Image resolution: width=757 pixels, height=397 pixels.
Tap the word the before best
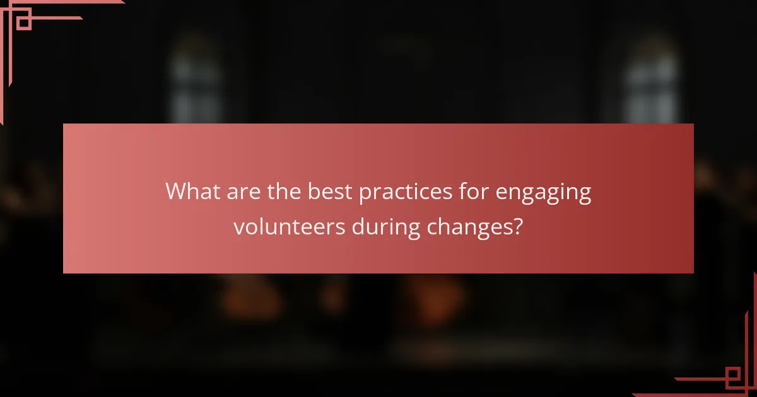pyautogui.click(x=285, y=192)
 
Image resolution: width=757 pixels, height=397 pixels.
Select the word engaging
pyautogui.click(x=543, y=193)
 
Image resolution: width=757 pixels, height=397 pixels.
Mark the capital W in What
pyautogui.click(x=176, y=192)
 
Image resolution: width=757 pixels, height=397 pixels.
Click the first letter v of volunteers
pyautogui.click(x=238, y=228)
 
